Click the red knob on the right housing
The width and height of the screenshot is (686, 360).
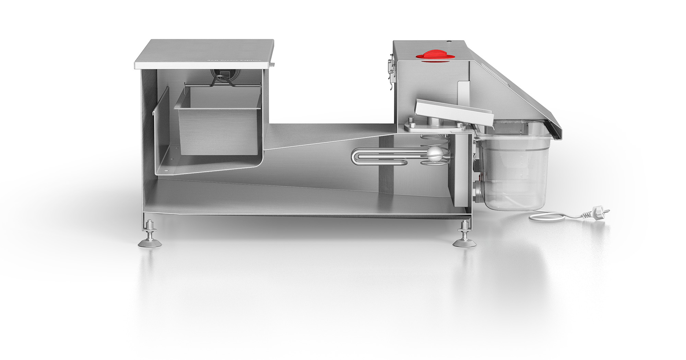434,56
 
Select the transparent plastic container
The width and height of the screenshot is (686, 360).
514,171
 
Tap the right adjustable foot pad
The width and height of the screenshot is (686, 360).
464,242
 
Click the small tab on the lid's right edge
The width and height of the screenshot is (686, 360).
272,64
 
